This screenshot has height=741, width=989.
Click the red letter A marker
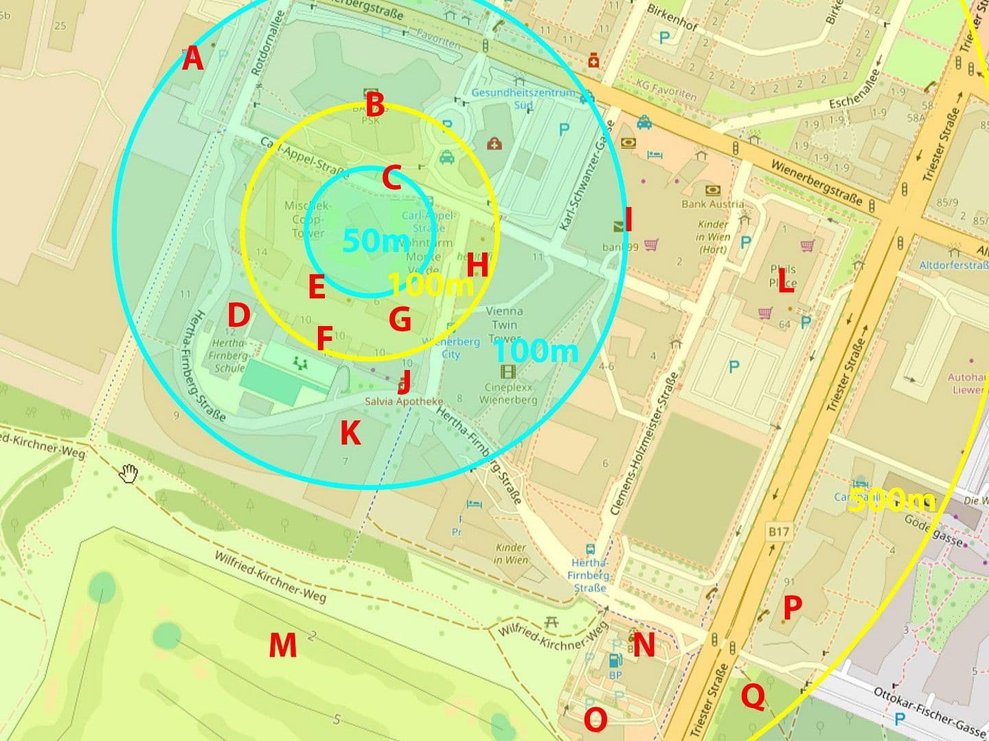point(193,59)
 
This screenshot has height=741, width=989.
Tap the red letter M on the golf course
point(282,645)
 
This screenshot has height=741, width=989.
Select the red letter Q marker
point(753,697)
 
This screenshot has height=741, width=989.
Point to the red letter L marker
point(785,283)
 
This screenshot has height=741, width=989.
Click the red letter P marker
point(792,607)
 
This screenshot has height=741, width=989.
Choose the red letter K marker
point(350,433)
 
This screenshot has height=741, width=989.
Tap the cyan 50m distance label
point(375,241)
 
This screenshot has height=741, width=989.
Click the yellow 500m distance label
point(891,501)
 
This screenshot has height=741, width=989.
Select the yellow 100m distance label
point(431,284)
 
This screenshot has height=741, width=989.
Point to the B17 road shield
point(779,531)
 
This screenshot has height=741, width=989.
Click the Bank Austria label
point(712,204)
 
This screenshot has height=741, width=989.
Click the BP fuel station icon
point(615,660)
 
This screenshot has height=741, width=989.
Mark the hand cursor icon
point(129,473)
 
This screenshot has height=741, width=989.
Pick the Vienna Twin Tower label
point(504,325)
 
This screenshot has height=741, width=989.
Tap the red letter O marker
point(595,719)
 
